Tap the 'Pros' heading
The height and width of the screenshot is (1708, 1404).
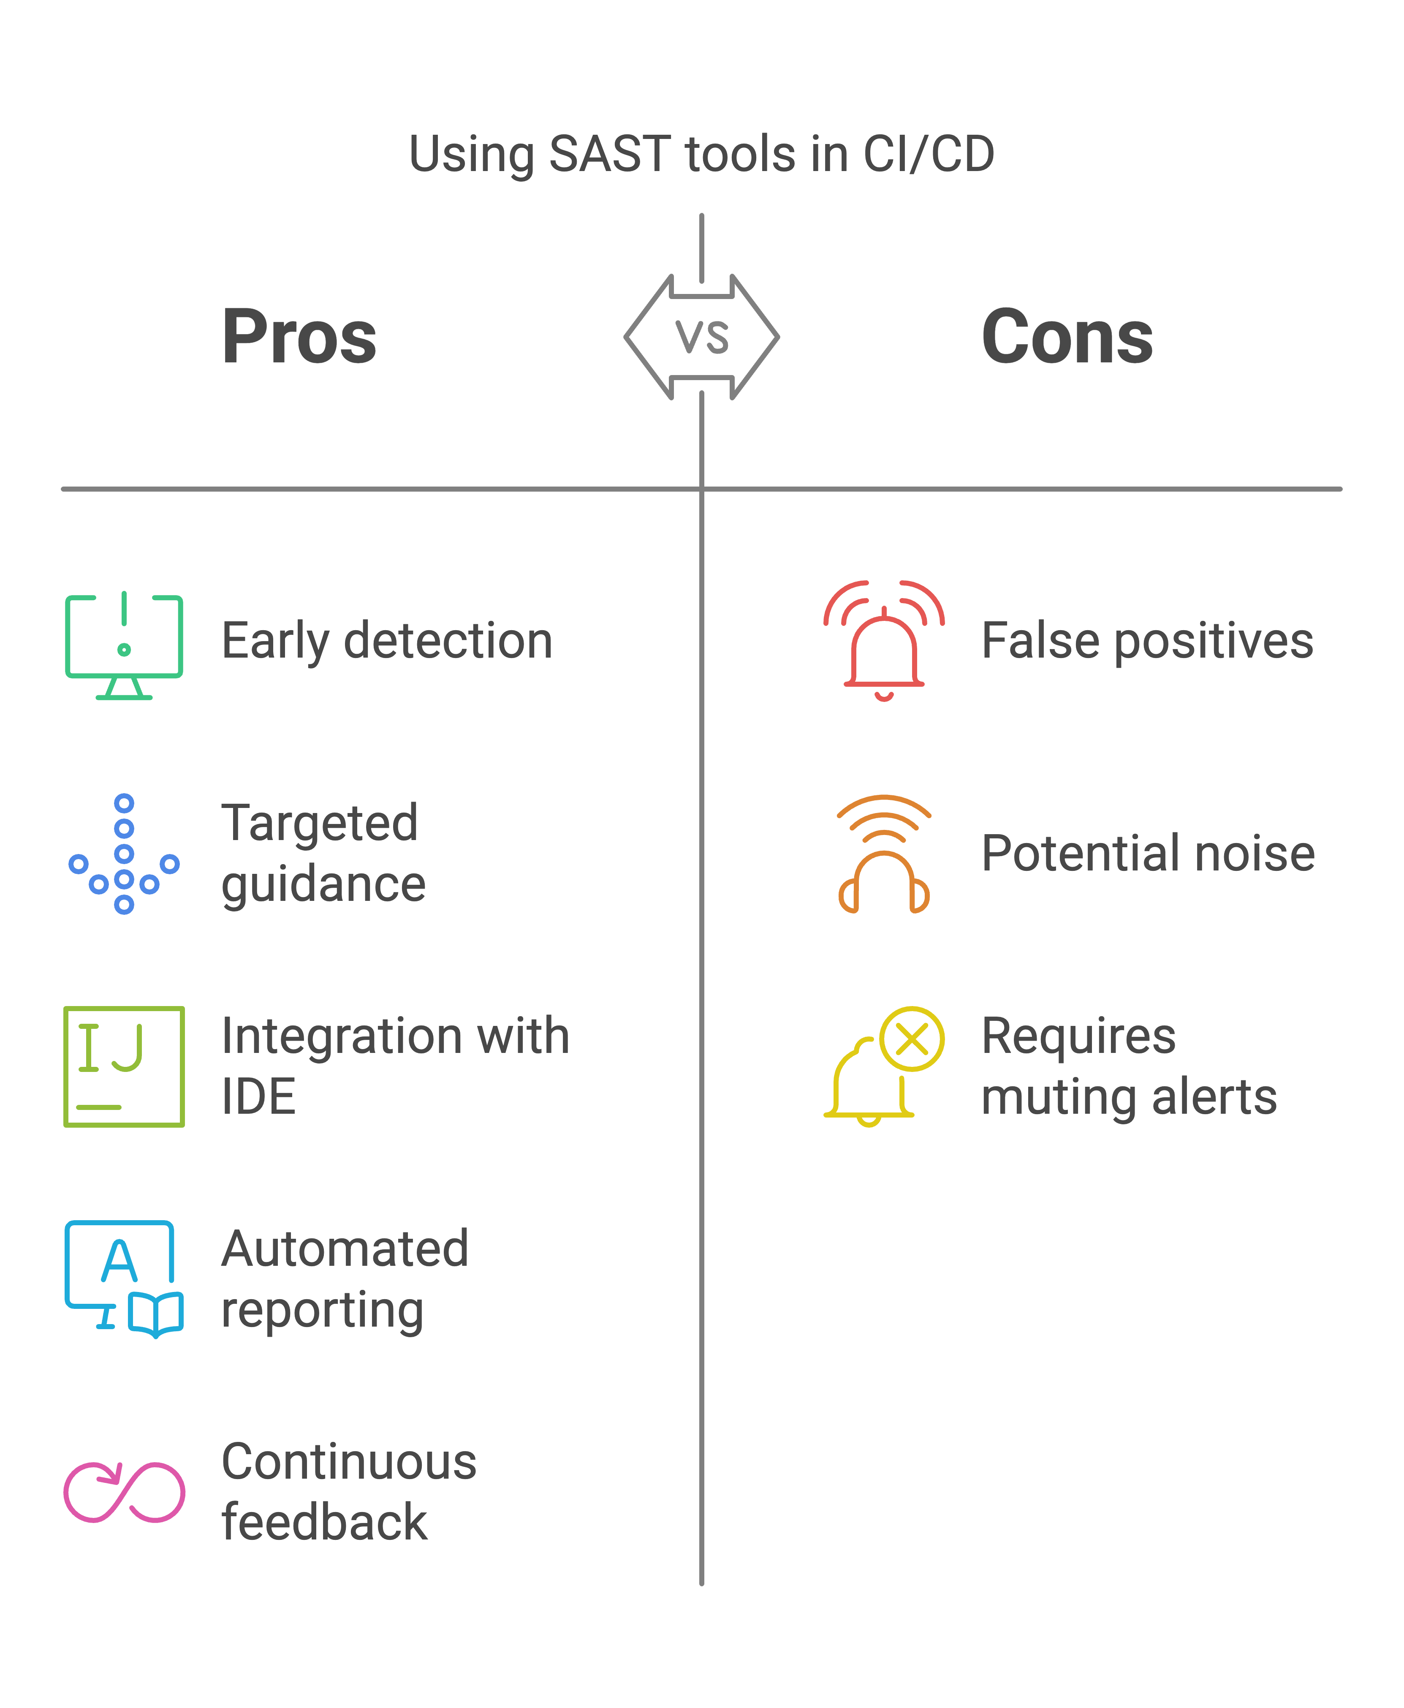click(x=299, y=337)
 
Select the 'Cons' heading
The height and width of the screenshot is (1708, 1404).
click(x=1067, y=337)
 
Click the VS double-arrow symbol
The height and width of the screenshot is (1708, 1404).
click(x=701, y=337)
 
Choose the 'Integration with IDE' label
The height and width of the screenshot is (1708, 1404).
click(x=395, y=1066)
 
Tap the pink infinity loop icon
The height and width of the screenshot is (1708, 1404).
click(x=124, y=1492)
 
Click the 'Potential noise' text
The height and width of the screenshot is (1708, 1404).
click(x=1148, y=853)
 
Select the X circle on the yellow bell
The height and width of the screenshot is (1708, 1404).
click(x=912, y=1039)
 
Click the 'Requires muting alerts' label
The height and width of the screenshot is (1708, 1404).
click(x=1128, y=1066)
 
